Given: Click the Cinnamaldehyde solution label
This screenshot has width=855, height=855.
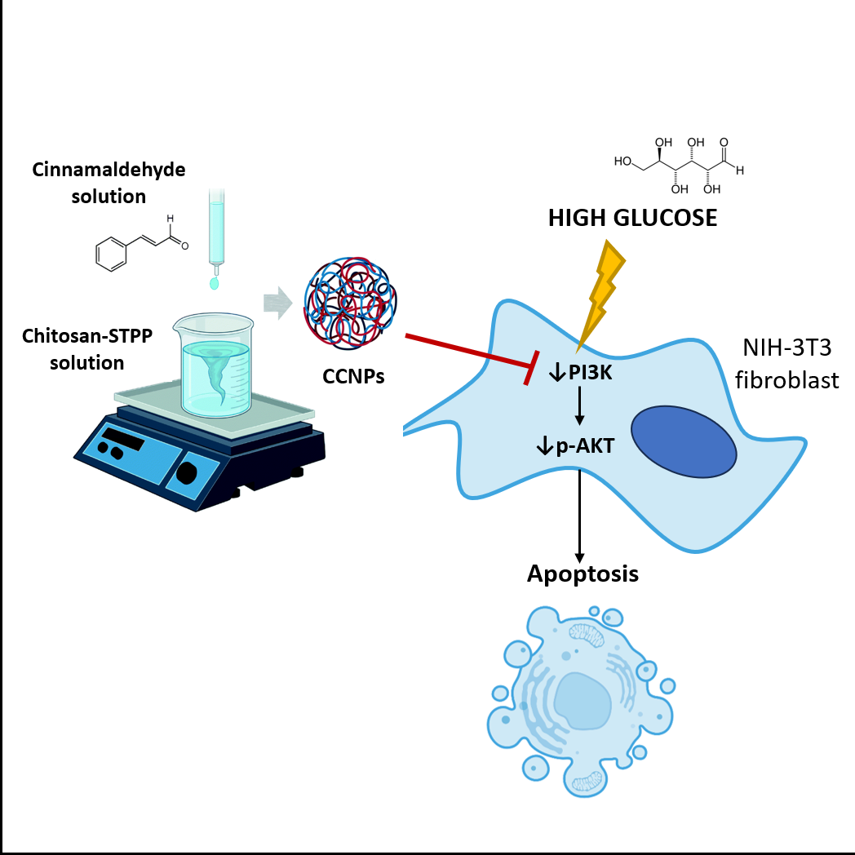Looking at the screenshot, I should point(109,183).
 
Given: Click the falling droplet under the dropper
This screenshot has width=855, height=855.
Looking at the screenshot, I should point(215,283).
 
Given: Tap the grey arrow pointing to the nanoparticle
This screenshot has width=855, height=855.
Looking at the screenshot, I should point(278,304).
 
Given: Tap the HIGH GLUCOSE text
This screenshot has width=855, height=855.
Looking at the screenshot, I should point(632,218).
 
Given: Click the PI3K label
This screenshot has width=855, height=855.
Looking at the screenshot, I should point(580,374).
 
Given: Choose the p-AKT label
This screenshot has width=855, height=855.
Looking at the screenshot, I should point(580,445).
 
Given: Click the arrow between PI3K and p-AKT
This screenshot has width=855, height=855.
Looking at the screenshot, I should point(580,409).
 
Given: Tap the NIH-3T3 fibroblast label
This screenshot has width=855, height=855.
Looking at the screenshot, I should point(791,364).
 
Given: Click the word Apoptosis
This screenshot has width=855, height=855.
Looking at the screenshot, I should point(582,574).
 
